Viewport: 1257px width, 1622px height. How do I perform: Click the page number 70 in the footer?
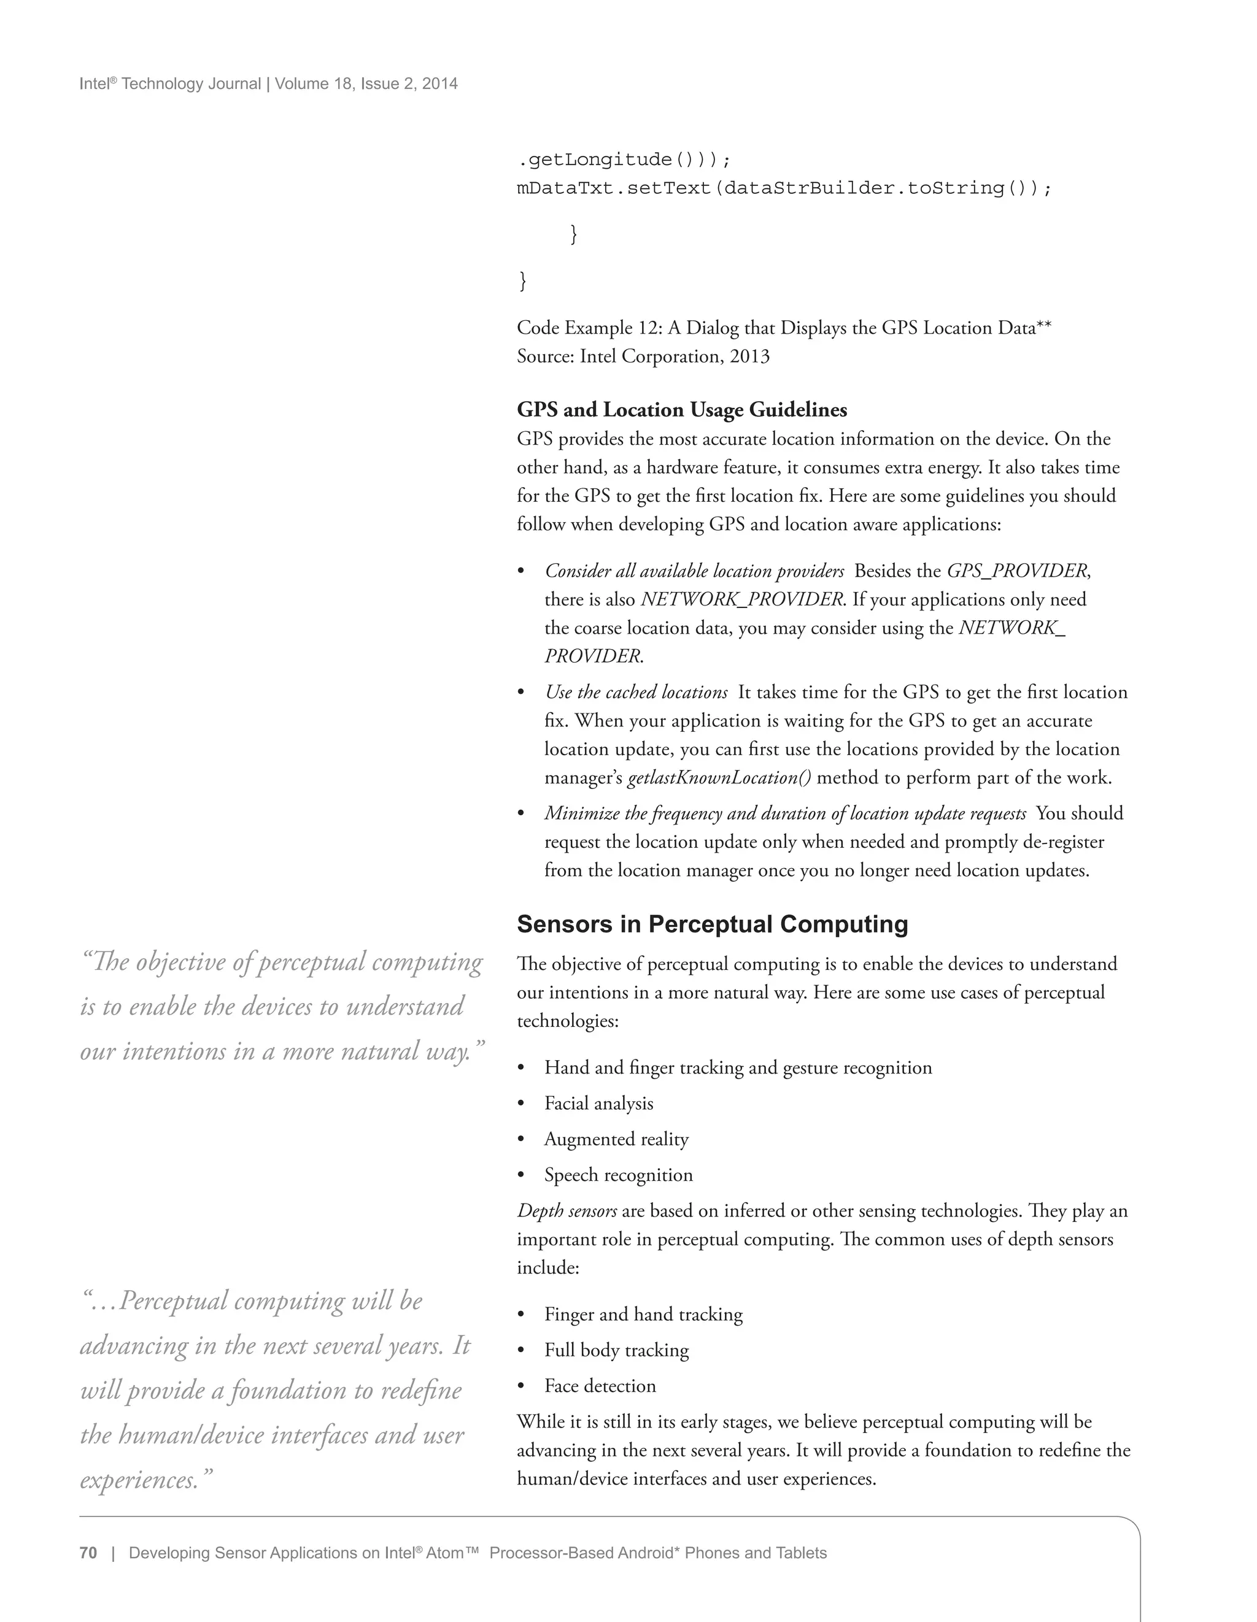[x=88, y=1553]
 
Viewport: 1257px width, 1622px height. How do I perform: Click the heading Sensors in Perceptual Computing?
[x=712, y=924]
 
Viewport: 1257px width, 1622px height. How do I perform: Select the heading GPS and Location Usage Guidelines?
[x=681, y=410]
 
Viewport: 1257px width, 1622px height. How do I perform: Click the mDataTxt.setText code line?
[x=784, y=188]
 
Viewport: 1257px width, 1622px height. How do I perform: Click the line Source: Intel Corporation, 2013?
[x=643, y=356]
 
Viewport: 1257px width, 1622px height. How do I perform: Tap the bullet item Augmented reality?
[x=616, y=1139]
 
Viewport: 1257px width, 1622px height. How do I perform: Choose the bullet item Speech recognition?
[x=618, y=1175]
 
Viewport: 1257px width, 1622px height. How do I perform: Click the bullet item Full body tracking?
[x=616, y=1350]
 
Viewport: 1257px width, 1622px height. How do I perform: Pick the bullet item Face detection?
[x=600, y=1386]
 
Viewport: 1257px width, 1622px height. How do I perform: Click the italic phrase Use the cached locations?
[x=636, y=692]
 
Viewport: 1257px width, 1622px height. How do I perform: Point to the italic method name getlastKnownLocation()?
[x=719, y=778]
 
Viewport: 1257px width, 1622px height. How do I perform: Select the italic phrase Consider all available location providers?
[x=694, y=571]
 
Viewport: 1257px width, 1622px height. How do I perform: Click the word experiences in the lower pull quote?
[x=138, y=1480]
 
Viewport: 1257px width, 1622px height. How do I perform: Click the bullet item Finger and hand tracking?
[x=643, y=1315]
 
